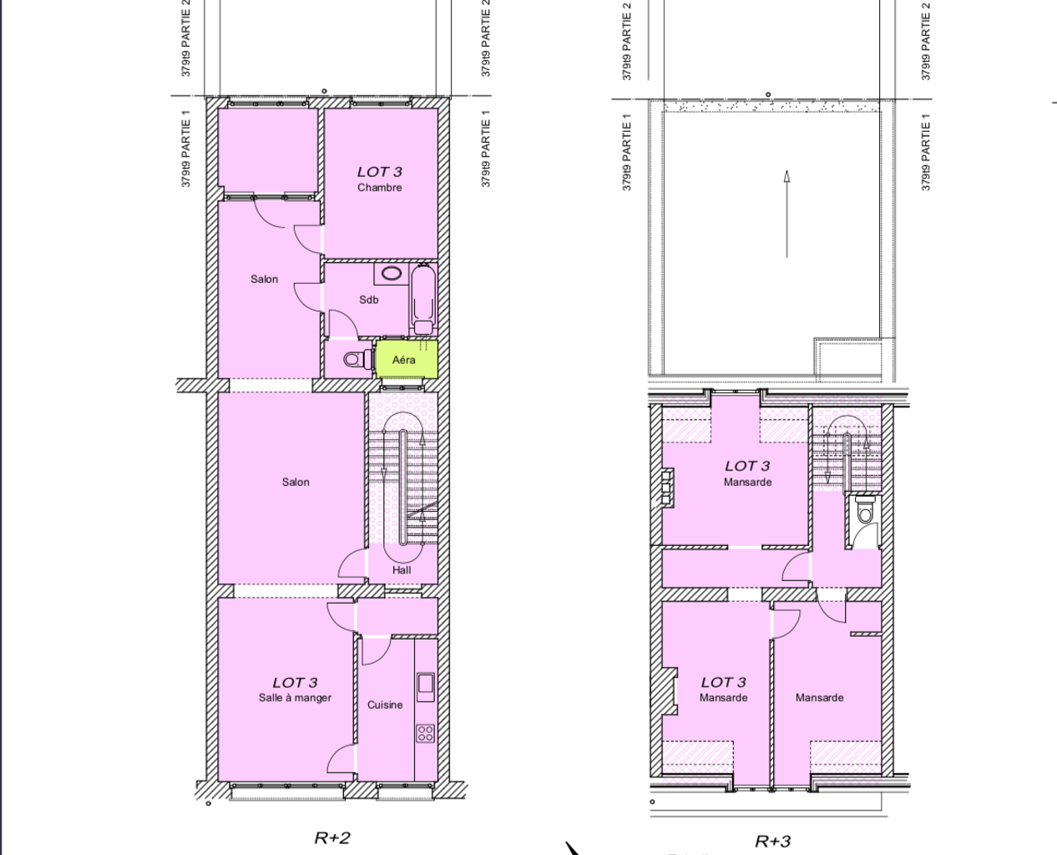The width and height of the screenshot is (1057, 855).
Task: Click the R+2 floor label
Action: click(332, 838)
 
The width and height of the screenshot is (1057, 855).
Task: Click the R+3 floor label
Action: click(772, 842)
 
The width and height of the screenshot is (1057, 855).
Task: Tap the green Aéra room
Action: click(407, 359)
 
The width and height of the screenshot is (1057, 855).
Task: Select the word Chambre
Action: click(380, 188)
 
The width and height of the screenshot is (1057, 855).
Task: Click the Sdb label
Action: click(369, 300)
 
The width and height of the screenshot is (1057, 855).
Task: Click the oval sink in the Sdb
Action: click(391, 273)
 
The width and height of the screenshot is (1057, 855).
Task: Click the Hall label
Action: click(402, 570)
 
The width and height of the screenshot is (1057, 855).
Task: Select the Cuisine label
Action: click(385, 705)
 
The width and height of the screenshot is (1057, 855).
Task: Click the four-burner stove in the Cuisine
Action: click(425, 733)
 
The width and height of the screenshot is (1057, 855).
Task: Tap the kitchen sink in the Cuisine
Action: click(425, 687)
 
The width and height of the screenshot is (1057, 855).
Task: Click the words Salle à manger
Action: click(295, 698)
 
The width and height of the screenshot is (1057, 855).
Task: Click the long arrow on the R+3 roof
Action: click(786, 214)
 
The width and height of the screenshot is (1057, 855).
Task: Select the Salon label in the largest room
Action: click(296, 482)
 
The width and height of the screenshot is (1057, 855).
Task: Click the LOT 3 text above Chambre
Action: click(380, 172)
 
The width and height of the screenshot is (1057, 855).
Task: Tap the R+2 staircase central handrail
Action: click(403, 488)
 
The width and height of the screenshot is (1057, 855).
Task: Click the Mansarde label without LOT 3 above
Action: click(819, 698)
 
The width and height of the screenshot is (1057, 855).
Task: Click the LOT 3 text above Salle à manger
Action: click(295, 682)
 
